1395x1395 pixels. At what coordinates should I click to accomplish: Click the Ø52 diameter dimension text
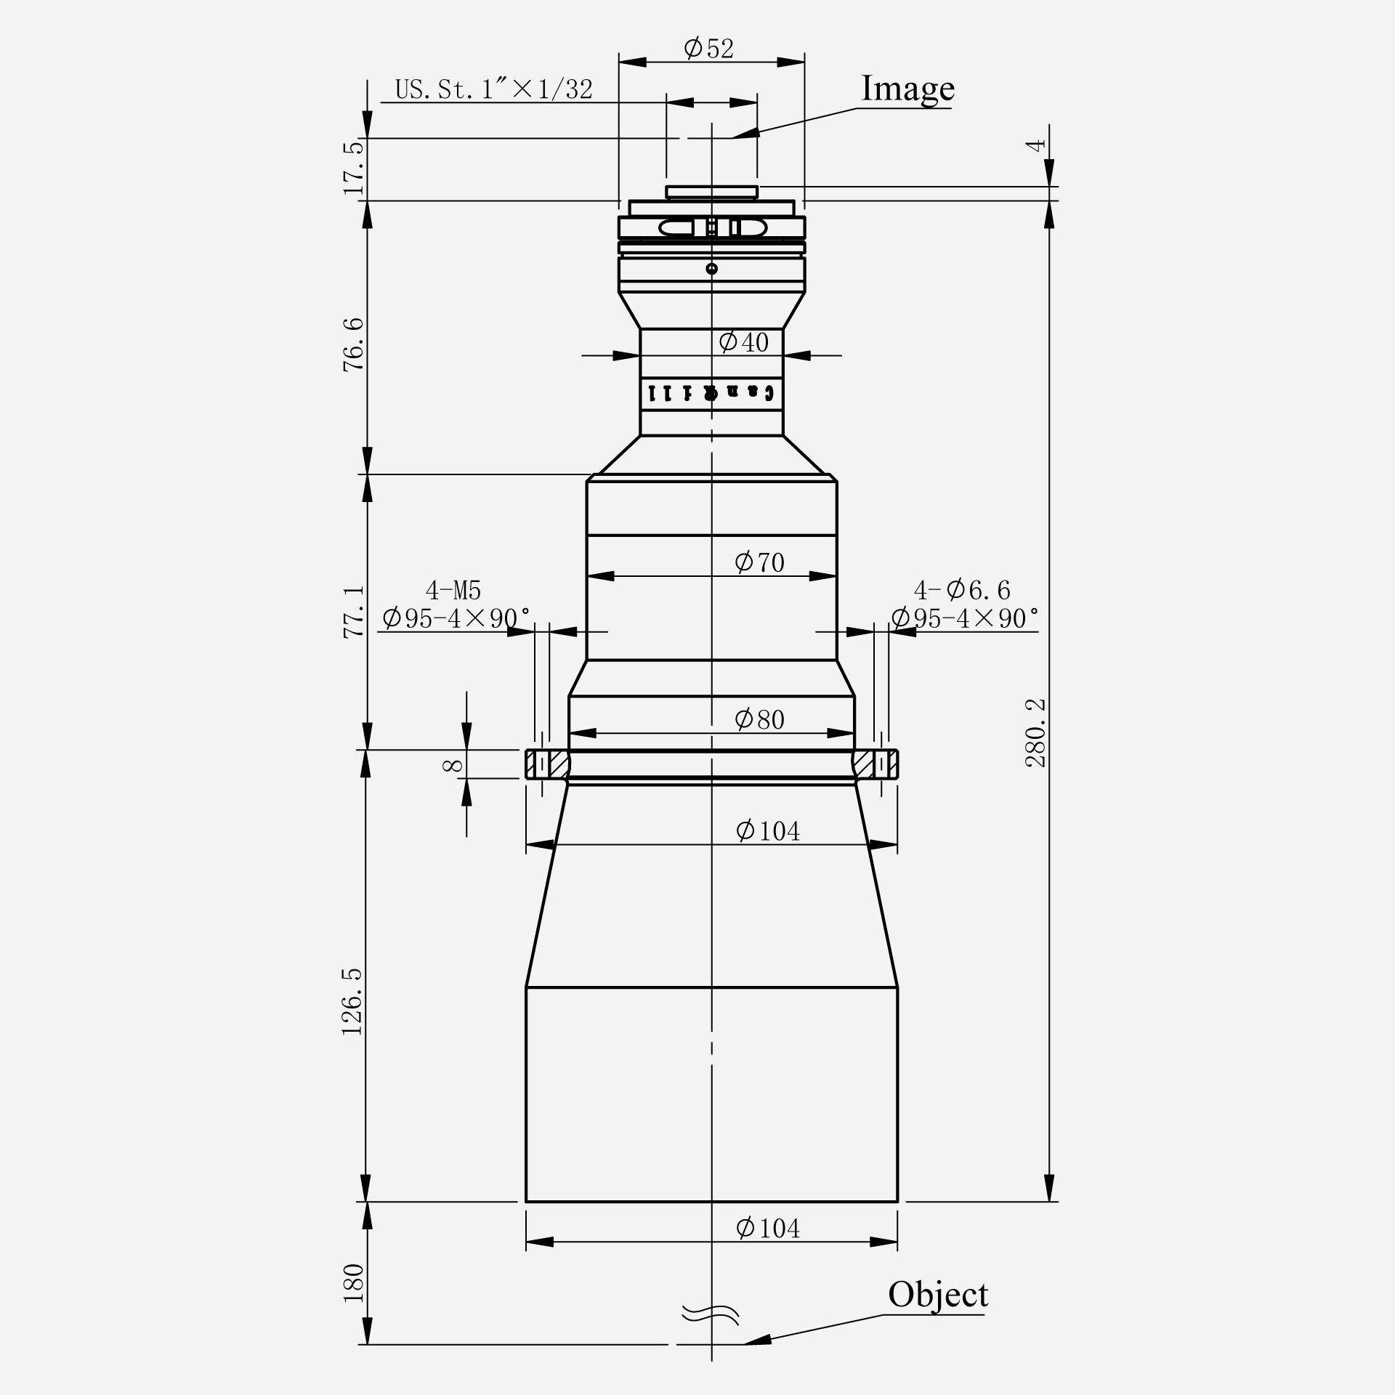pyautogui.click(x=709, y=49)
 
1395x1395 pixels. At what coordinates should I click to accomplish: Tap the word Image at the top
pyautogui.click(x=907, y=89)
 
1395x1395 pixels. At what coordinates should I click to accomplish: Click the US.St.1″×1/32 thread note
pyautogui.click(x=494, y=89)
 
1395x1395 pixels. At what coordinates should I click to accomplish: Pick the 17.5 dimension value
pyautogui.click(x=353, y=169)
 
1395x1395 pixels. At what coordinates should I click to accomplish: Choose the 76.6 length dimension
pyautogui.click(x=353, y=345)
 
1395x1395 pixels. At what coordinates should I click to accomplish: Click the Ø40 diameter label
pyautogui.click(x=743, y=342)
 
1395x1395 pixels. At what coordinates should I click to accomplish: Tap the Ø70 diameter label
pyautogui.click(x=759, y=562)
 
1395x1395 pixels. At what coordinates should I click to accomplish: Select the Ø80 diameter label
pyautogui.click(x=759, y=720)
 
